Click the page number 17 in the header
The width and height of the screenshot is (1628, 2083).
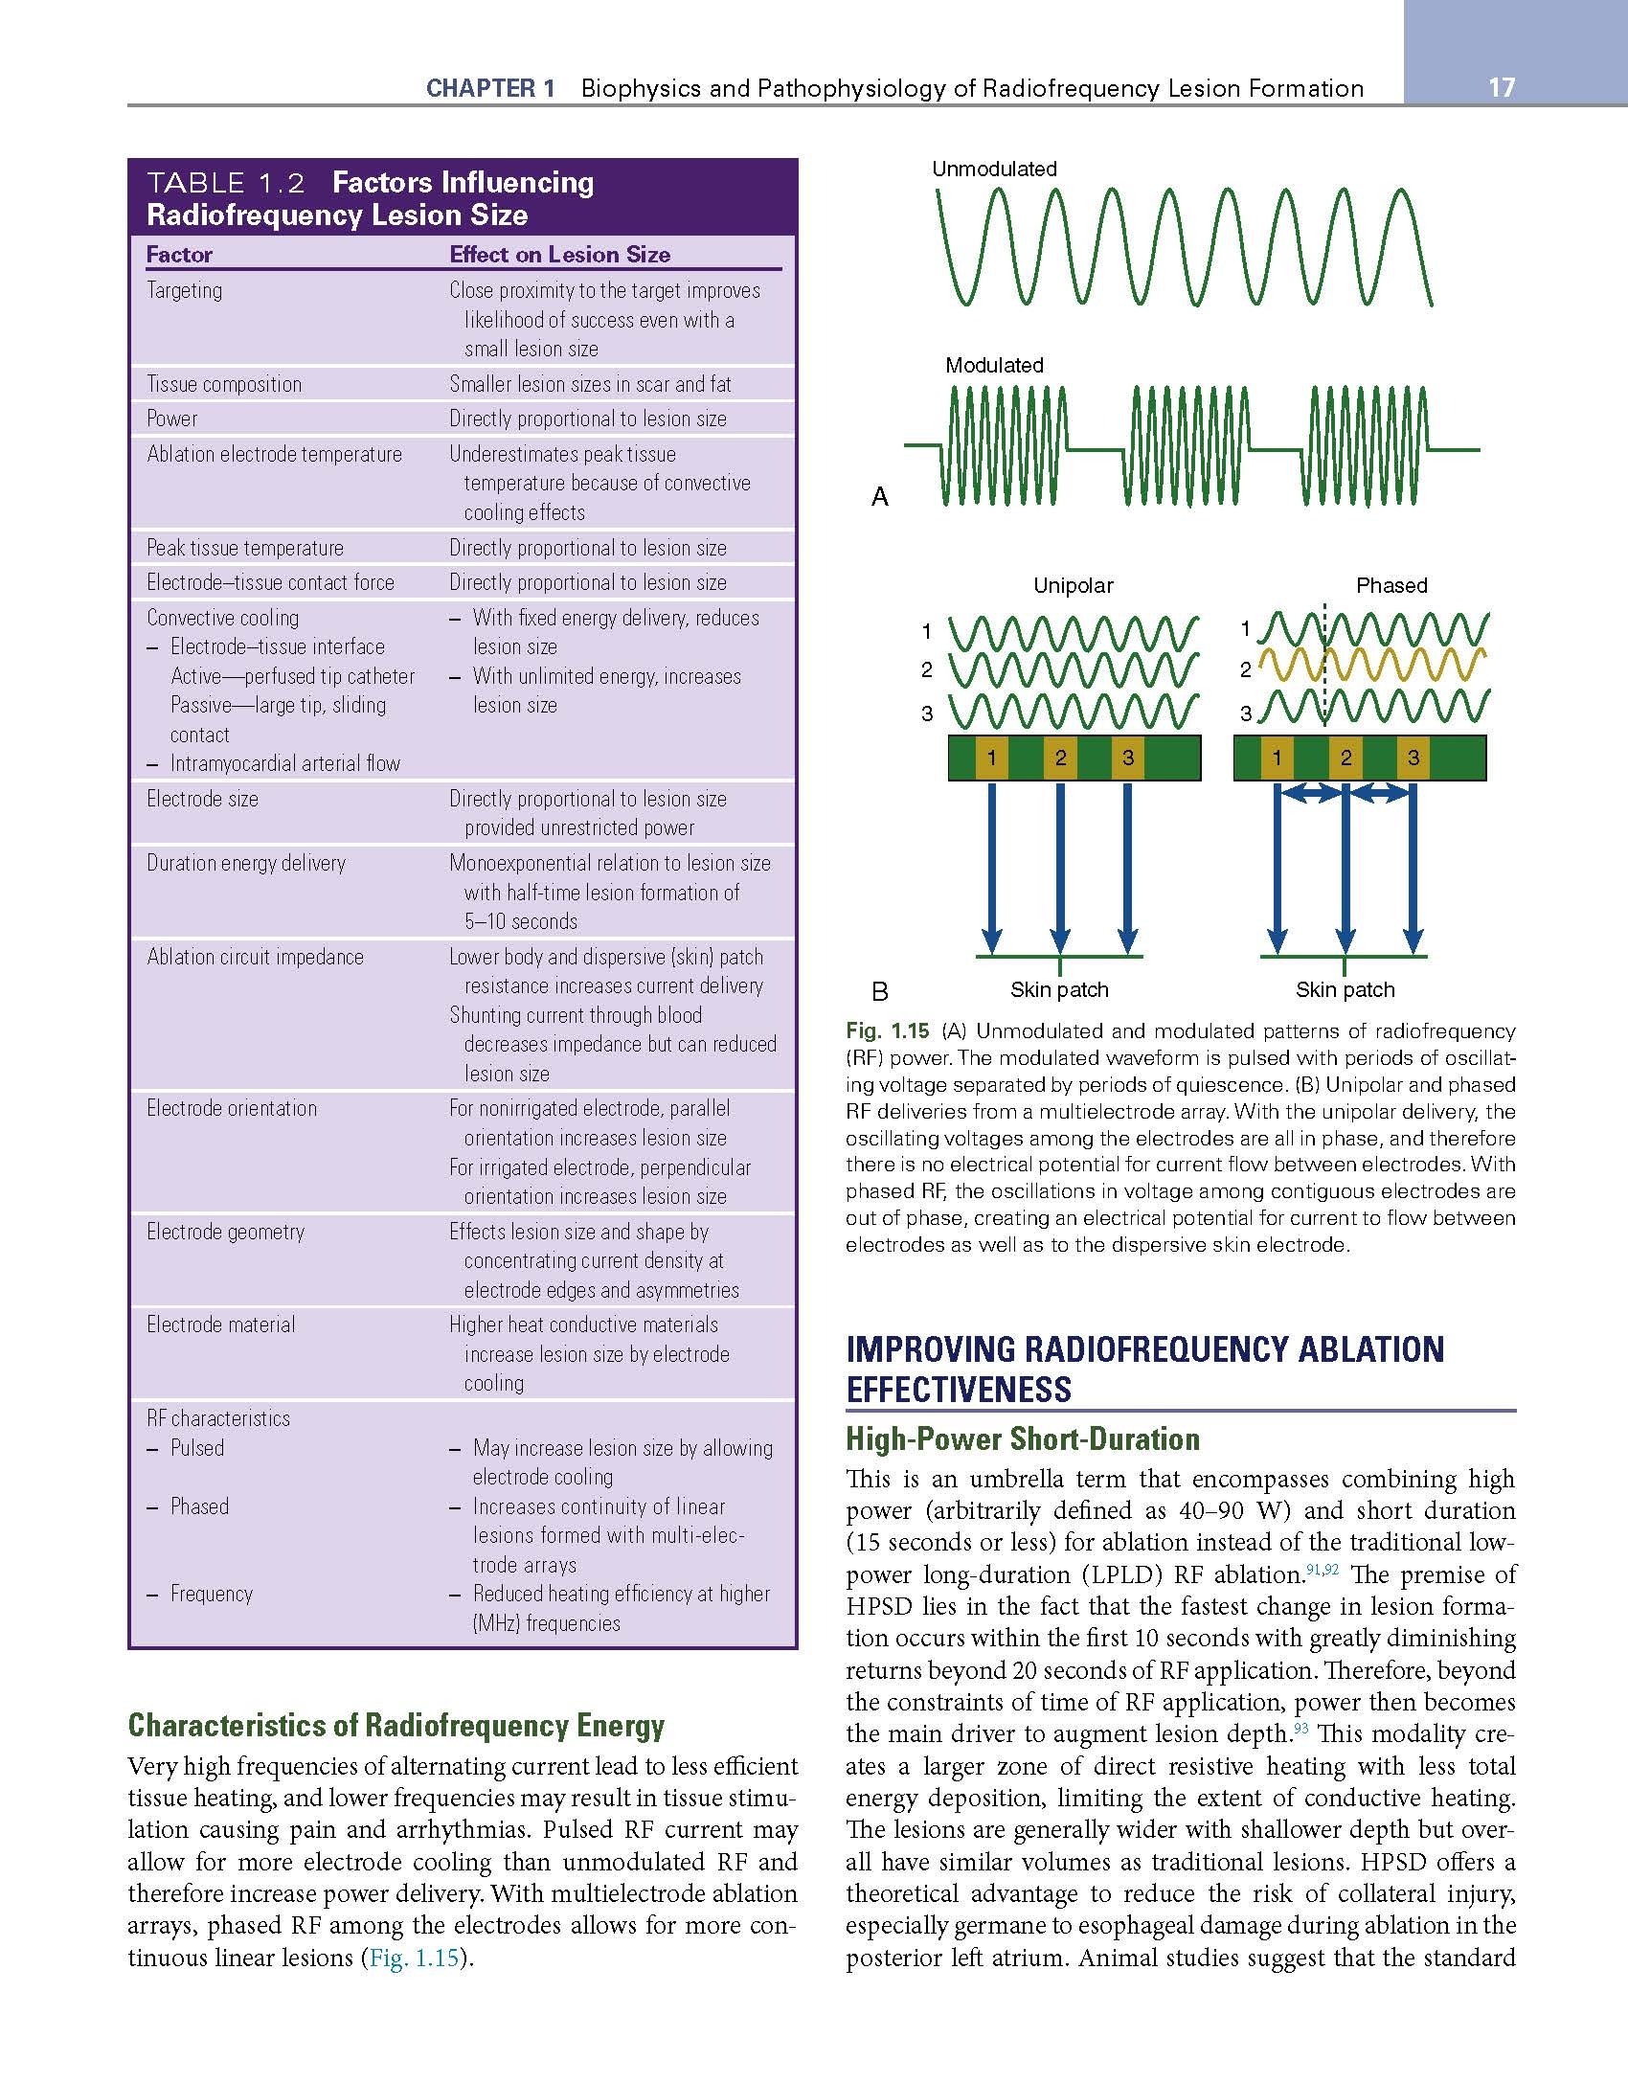(x=1502, y=88)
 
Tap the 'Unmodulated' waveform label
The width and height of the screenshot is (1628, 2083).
(x=994, y=170)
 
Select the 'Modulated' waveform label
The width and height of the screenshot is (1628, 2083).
(x=994, y=365)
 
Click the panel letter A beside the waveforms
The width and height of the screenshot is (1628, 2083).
(x=880, y=496)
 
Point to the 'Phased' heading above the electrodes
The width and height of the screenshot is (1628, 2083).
(x=1391, y=585)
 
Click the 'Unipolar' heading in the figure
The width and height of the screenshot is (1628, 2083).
(x=1073, y=585)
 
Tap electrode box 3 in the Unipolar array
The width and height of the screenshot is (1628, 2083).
(x=1128, y=758)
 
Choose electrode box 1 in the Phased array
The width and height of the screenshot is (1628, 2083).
(x=1277, y=758)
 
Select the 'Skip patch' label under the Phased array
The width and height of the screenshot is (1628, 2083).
(x=1345, y=989)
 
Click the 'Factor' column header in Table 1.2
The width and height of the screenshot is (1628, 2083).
(x=179, y=255)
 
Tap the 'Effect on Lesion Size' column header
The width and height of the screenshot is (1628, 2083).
(x=559, y=255)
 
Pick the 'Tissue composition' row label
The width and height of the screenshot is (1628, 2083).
(x=224, y=384)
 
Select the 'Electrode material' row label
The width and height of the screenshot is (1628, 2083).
(x=221, y=1325)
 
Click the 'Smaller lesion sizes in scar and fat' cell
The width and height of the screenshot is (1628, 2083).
(x=590, y=384)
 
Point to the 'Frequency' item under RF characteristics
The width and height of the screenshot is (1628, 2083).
(x=212, y=1594)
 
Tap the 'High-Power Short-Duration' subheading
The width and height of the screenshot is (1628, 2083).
(x=1023, y=1439)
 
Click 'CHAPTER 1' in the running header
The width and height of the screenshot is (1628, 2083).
(x=490, y=89)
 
